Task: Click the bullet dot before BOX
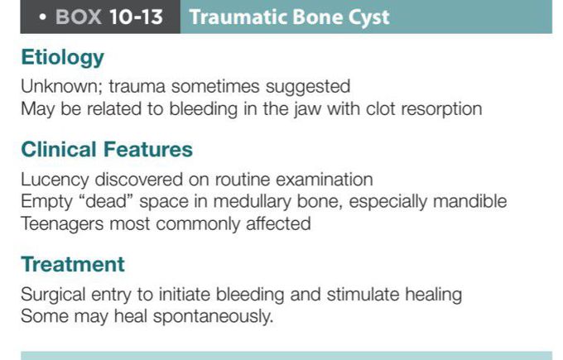tap(41, 17)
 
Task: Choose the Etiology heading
tap(63, 58)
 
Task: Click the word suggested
tap(310, 86)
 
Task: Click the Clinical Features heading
tap(107, 150)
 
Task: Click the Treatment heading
tap(73, 265)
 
